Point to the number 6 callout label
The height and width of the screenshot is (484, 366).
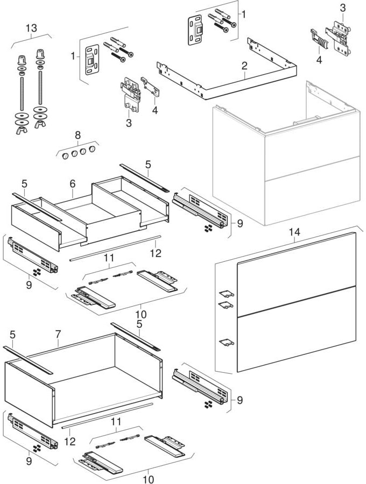pos(73,184)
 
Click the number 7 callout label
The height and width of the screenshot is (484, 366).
pos(58,335)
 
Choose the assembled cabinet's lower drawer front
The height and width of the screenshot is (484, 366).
pos(312,191)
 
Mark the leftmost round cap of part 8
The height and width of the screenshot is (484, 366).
pos(62,156)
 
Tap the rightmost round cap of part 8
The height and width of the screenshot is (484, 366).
pos(93,147)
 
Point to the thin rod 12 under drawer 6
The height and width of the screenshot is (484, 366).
pos(116,247)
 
